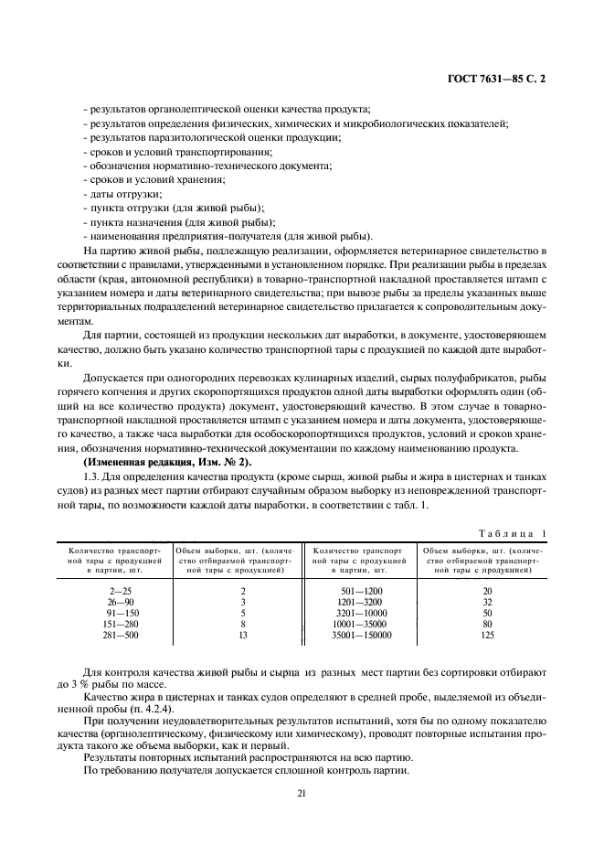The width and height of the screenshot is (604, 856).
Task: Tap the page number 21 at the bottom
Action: [301, 793]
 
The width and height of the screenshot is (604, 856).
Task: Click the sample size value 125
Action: [487, 635]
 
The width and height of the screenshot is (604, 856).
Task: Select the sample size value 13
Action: [242, 635]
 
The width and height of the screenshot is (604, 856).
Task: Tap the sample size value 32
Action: [487, 602]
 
